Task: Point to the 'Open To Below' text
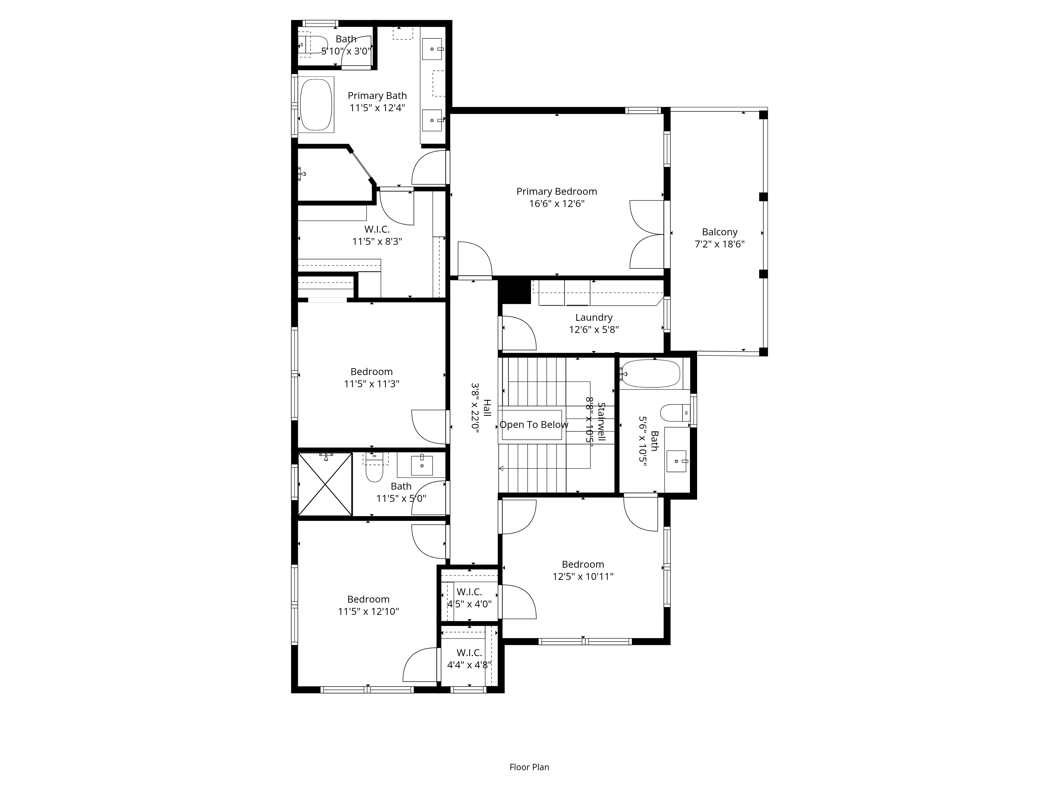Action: point(534,425)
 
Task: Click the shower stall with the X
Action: point(325,484)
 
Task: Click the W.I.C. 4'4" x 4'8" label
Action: point(469,658)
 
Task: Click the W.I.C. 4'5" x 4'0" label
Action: point(469,598)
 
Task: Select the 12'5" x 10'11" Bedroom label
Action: point(583,571)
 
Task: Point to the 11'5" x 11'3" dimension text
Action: point(371,384)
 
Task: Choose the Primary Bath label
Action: point(377,101)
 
